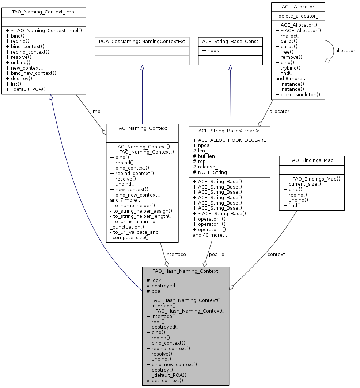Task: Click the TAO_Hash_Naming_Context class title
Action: pyautogui.click(x=185, y=271)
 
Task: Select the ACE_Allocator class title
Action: pyautogui.click(x=298, y=7)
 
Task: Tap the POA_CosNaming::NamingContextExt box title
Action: pyautogui.click(x=142, y=42)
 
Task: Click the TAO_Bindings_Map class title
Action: pyautogui.click(x=311, y=160)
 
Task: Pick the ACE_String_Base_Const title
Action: pyautogui.click(x=230, y=42)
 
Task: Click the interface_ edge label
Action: pyautogui.click(x=177, y=254)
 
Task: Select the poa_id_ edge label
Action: pyautogui.click(x=218, y=254)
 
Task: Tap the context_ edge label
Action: pyautogui.click(x=277, y=254)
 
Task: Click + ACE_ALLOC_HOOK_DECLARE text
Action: pyautogui.click(x=229, y=140)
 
